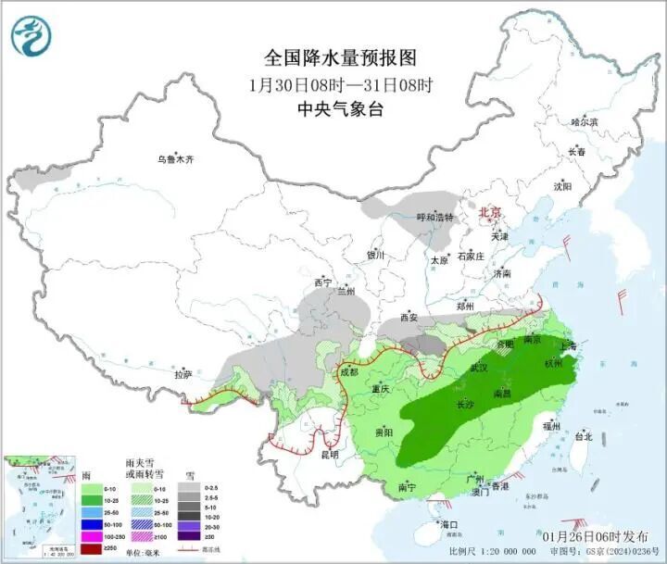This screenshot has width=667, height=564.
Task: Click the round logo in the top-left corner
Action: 31,35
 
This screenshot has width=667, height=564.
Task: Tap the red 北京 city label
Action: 489,213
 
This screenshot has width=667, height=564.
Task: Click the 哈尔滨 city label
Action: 585,121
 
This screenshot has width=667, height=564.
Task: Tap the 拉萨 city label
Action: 182,374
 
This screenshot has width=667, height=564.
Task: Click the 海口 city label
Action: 450,525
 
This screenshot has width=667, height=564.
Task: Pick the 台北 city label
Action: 583,435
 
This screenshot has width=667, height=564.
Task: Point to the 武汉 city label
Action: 479,367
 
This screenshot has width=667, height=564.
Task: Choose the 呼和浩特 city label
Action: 435,217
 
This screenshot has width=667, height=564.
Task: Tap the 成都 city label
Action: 349,372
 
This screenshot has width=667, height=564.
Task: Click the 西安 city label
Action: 409,318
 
